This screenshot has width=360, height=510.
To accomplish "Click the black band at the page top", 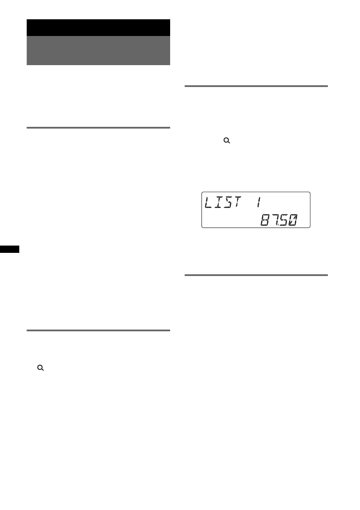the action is (x=98, y=28).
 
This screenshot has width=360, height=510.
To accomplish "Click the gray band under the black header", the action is (x=98, y=51).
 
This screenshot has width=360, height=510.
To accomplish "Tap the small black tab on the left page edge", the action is (x=9, y=249).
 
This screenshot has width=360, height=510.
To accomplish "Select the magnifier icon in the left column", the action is (x=41, y=368).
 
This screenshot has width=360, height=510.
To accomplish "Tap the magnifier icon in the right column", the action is (x=227, y=141).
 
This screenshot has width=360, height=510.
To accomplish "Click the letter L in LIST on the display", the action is (x=209, y=202).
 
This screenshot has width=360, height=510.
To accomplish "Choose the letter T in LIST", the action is (x=237, y=202).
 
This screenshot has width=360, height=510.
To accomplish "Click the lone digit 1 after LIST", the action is (x=258, y=202).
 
